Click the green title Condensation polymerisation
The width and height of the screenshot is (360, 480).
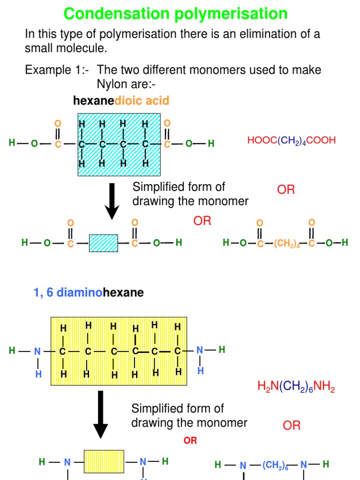[175, 14]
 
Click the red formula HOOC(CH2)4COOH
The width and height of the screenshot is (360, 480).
[291, 141]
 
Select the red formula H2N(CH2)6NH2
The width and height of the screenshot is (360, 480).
[296, 387]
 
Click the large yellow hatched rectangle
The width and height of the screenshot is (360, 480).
[118, 351]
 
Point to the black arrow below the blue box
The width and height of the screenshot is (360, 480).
[112, 200]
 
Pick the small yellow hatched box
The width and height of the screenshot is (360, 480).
[104, 462]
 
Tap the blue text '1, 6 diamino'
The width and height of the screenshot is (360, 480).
[68, 292]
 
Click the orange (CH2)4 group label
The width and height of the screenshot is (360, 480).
[287, 243]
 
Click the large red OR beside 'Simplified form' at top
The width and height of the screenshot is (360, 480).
[286, 190]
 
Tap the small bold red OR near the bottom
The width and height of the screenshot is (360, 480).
[190, 441]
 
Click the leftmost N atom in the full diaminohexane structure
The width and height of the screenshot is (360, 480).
[38, 351]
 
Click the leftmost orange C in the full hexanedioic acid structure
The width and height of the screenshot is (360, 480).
[58, 144]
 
